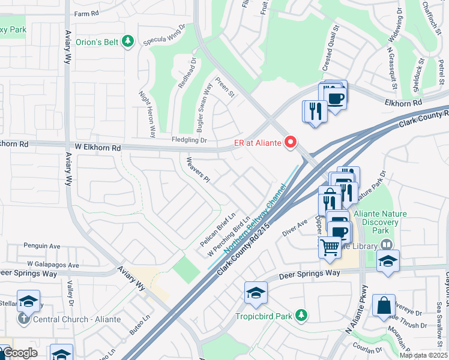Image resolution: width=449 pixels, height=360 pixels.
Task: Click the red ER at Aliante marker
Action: (x=291, y=142)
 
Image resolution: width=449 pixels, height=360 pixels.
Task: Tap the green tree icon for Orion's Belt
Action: (x=127, y=41)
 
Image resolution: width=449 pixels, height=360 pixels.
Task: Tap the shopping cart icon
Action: (x=330, y=246)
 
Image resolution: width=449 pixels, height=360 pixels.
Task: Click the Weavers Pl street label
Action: (x=197, y=169)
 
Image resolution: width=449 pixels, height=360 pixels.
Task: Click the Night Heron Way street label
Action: (x=147, y=113)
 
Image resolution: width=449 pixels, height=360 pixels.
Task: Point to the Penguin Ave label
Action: (x=42, y=246)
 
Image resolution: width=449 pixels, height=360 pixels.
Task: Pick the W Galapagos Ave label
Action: (x=53, y=265)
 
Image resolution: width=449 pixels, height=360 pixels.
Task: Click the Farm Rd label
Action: (x=85, y=13)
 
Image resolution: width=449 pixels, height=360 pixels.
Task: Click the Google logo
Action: (x=19, y=353)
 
